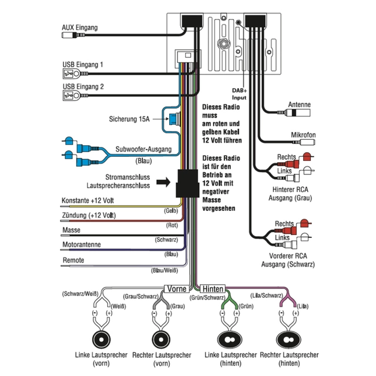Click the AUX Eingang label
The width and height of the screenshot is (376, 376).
[80, 28]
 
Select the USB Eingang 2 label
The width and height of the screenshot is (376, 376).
[83, 86]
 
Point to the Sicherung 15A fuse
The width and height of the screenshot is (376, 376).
[175, 120]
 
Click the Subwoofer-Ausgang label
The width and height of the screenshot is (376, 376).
[143, 149]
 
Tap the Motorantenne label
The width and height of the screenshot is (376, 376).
[81, 244]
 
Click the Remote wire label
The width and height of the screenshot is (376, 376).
[73, 260]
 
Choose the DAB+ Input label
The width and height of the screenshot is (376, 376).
[239, 94]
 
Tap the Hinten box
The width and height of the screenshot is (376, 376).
[212, 289]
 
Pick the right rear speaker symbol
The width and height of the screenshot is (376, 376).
[289, 340]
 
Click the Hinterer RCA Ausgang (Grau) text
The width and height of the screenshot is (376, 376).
[288, 193]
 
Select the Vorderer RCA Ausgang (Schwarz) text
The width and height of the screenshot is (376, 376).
[288, 260]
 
